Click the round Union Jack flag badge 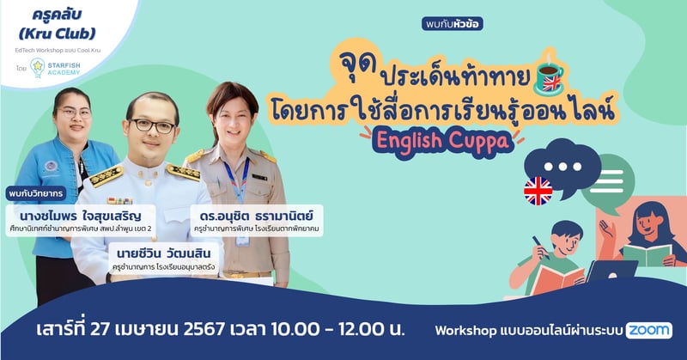pyautogui.click(x=538, y=192)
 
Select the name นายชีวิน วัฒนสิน pyautogui.click(x=163, y=254)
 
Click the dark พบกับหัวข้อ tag pyautogui.click(x=453, y=23)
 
